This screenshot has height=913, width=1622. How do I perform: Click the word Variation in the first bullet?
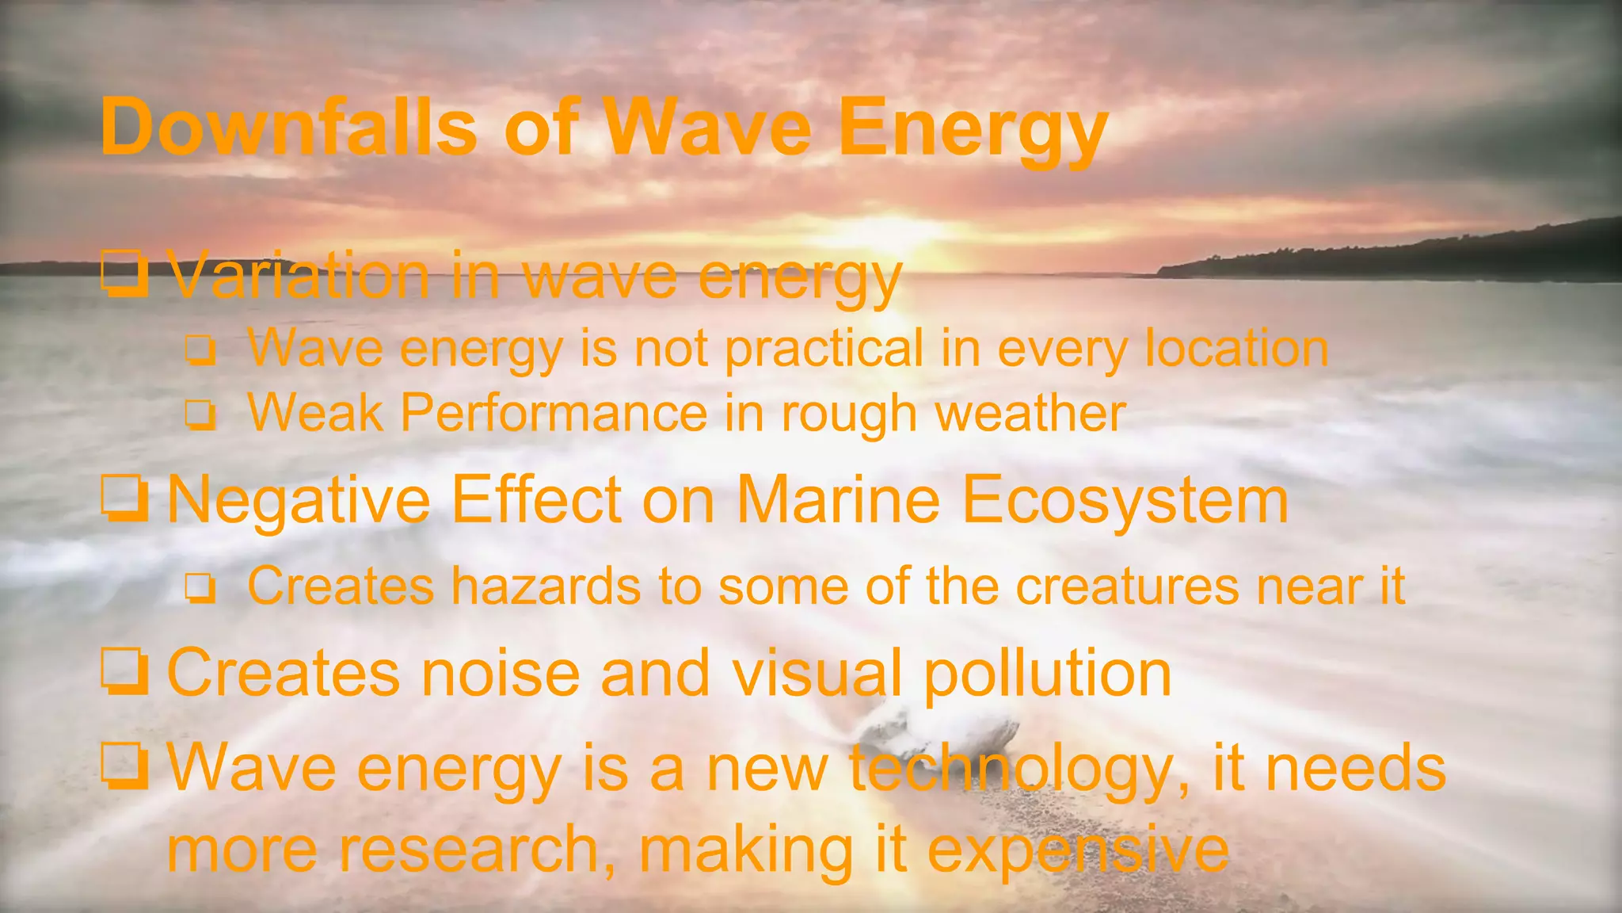tap(300, 276)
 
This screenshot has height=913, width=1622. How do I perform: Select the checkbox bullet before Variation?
tap(125, 273)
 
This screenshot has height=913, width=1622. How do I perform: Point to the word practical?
tap(824, 350)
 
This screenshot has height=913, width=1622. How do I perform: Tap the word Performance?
tap(554, 414)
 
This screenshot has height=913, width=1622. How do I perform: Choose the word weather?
tap(1030, 414)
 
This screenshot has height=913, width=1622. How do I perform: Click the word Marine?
tap(838, 501)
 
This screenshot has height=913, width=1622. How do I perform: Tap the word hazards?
tap(546, 586)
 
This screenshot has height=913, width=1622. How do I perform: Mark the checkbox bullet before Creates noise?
tap(125, 672)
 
